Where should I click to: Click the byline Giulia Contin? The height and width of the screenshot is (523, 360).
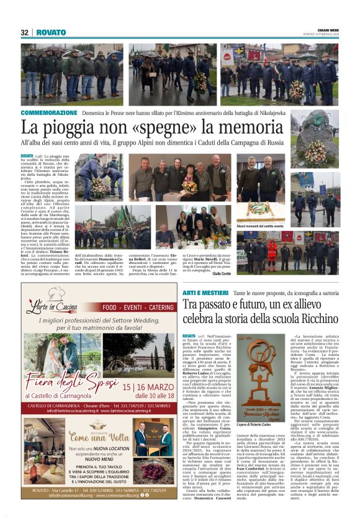click(221, 273)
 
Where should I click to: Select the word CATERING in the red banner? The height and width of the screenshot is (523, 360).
click(157, 307)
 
